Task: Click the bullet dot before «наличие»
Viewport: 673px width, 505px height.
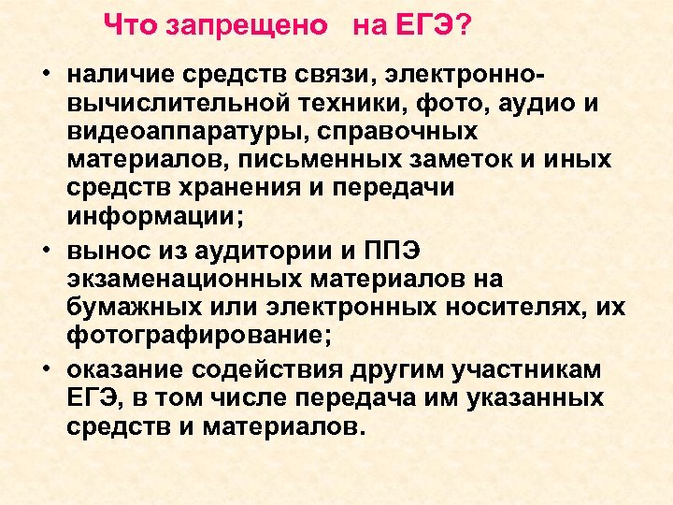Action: pyautogui.click(x=45, y=75)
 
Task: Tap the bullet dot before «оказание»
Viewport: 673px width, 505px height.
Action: pyautogui.click(x=45, y=369)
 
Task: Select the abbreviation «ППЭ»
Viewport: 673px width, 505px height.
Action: pyautogui.click(x=401, y=250)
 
